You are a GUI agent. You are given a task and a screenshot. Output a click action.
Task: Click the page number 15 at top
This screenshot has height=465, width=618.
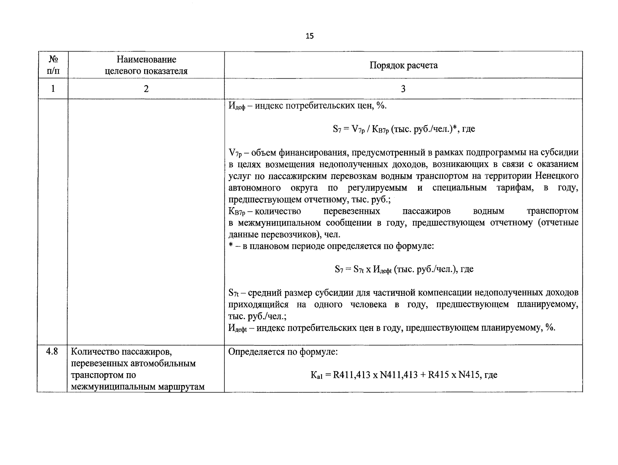coord(310,36)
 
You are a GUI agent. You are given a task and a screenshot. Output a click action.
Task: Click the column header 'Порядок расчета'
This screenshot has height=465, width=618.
coord(403,65)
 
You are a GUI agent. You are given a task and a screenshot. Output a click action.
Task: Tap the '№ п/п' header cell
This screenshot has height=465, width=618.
coord(53,65)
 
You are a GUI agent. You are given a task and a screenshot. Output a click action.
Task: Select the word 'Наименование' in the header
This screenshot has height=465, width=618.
coord(146,59)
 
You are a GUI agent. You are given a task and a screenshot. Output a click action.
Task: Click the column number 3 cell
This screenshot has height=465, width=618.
coord(403,89)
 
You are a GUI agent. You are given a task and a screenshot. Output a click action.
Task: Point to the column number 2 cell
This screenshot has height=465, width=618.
coord(146,89)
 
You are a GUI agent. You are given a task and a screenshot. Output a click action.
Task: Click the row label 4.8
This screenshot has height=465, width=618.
coord(52,352)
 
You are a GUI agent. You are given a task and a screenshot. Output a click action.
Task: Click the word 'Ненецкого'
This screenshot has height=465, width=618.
coord(557,176)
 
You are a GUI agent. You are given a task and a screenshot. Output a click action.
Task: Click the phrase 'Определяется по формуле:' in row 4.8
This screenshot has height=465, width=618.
coord(283,352)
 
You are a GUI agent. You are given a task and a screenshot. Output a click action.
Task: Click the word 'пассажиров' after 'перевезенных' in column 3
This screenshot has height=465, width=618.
coord(426,211)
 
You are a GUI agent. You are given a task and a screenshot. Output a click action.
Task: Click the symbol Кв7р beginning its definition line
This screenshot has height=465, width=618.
coord(237,212)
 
